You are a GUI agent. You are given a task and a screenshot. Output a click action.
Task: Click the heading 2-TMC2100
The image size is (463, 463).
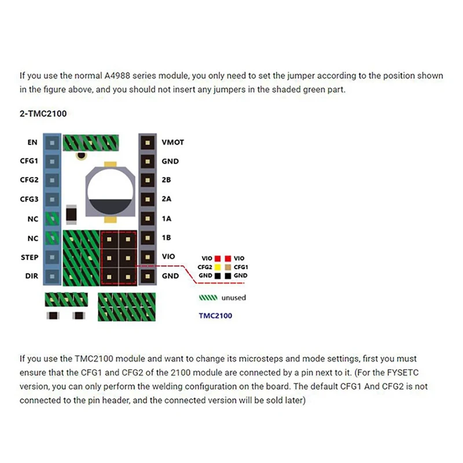(43, 114)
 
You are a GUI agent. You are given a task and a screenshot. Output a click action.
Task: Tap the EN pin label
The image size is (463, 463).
(32, 142)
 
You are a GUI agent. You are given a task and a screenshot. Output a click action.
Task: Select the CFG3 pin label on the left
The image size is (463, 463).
(29, 199)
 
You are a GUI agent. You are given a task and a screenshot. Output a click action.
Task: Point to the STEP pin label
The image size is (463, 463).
(29, 256)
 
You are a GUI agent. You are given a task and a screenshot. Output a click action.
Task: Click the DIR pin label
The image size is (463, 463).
(32, 276)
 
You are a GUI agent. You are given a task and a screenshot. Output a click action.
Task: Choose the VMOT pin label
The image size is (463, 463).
(173, 142)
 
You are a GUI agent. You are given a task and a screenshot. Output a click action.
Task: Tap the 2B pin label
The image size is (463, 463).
(167, 180)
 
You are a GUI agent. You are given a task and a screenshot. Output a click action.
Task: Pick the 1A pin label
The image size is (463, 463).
(167, 218)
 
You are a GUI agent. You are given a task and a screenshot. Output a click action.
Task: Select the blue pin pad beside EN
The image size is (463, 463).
(52, 142)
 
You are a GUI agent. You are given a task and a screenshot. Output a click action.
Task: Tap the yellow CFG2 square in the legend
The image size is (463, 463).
(218, 267)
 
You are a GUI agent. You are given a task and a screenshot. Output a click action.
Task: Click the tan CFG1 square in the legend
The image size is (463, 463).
(229, 267)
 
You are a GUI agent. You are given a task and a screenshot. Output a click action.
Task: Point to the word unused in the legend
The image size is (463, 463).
(233, 297)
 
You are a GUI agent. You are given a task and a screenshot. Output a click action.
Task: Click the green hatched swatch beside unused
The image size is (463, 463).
(208, 297)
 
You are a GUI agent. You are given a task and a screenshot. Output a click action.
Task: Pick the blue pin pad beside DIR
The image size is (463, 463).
(52, 276)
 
